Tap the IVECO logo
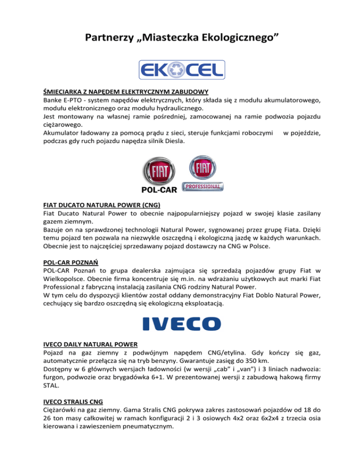click(182, 324)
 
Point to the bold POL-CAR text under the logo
click(159, 190)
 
